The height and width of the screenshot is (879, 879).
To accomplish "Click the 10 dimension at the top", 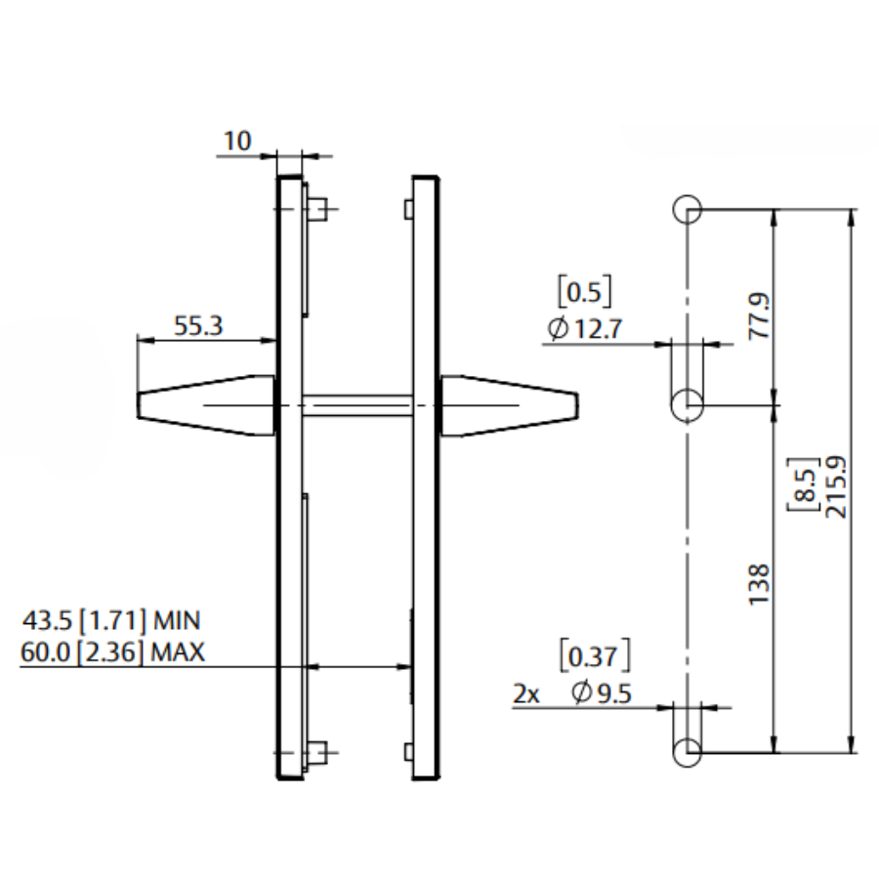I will click(237, 142).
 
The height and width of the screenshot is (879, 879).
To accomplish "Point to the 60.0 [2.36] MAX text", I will click(113, 652).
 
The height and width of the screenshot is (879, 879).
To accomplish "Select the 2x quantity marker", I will click(526, 693).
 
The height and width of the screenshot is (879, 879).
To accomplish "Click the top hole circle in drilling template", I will click(687, 209).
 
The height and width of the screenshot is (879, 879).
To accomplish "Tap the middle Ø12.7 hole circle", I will click(688, 402).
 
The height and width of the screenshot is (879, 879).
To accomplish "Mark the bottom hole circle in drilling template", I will click(687, 752).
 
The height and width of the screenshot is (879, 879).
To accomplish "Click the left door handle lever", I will click(205, 403).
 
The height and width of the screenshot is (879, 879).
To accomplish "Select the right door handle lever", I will click(509, 403).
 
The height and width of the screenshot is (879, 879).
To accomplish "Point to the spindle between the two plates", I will click(356, 403).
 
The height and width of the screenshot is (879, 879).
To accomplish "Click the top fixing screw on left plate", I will click(318, 208).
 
